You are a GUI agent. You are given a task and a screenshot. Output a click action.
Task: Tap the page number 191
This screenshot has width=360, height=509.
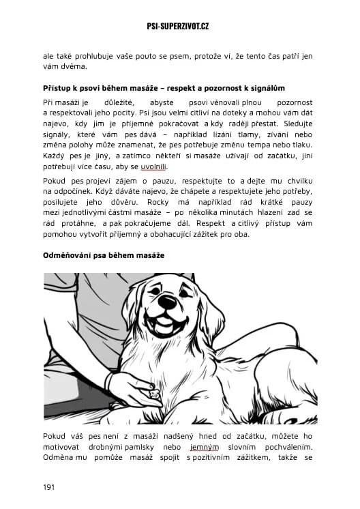pos(49,487)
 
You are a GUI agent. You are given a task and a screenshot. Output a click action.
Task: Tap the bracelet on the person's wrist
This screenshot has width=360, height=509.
pos(108,379)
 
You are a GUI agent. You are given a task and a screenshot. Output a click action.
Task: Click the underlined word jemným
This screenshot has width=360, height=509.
pos(205,447)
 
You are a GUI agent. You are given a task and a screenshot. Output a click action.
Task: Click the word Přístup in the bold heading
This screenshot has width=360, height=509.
pos(57,89)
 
